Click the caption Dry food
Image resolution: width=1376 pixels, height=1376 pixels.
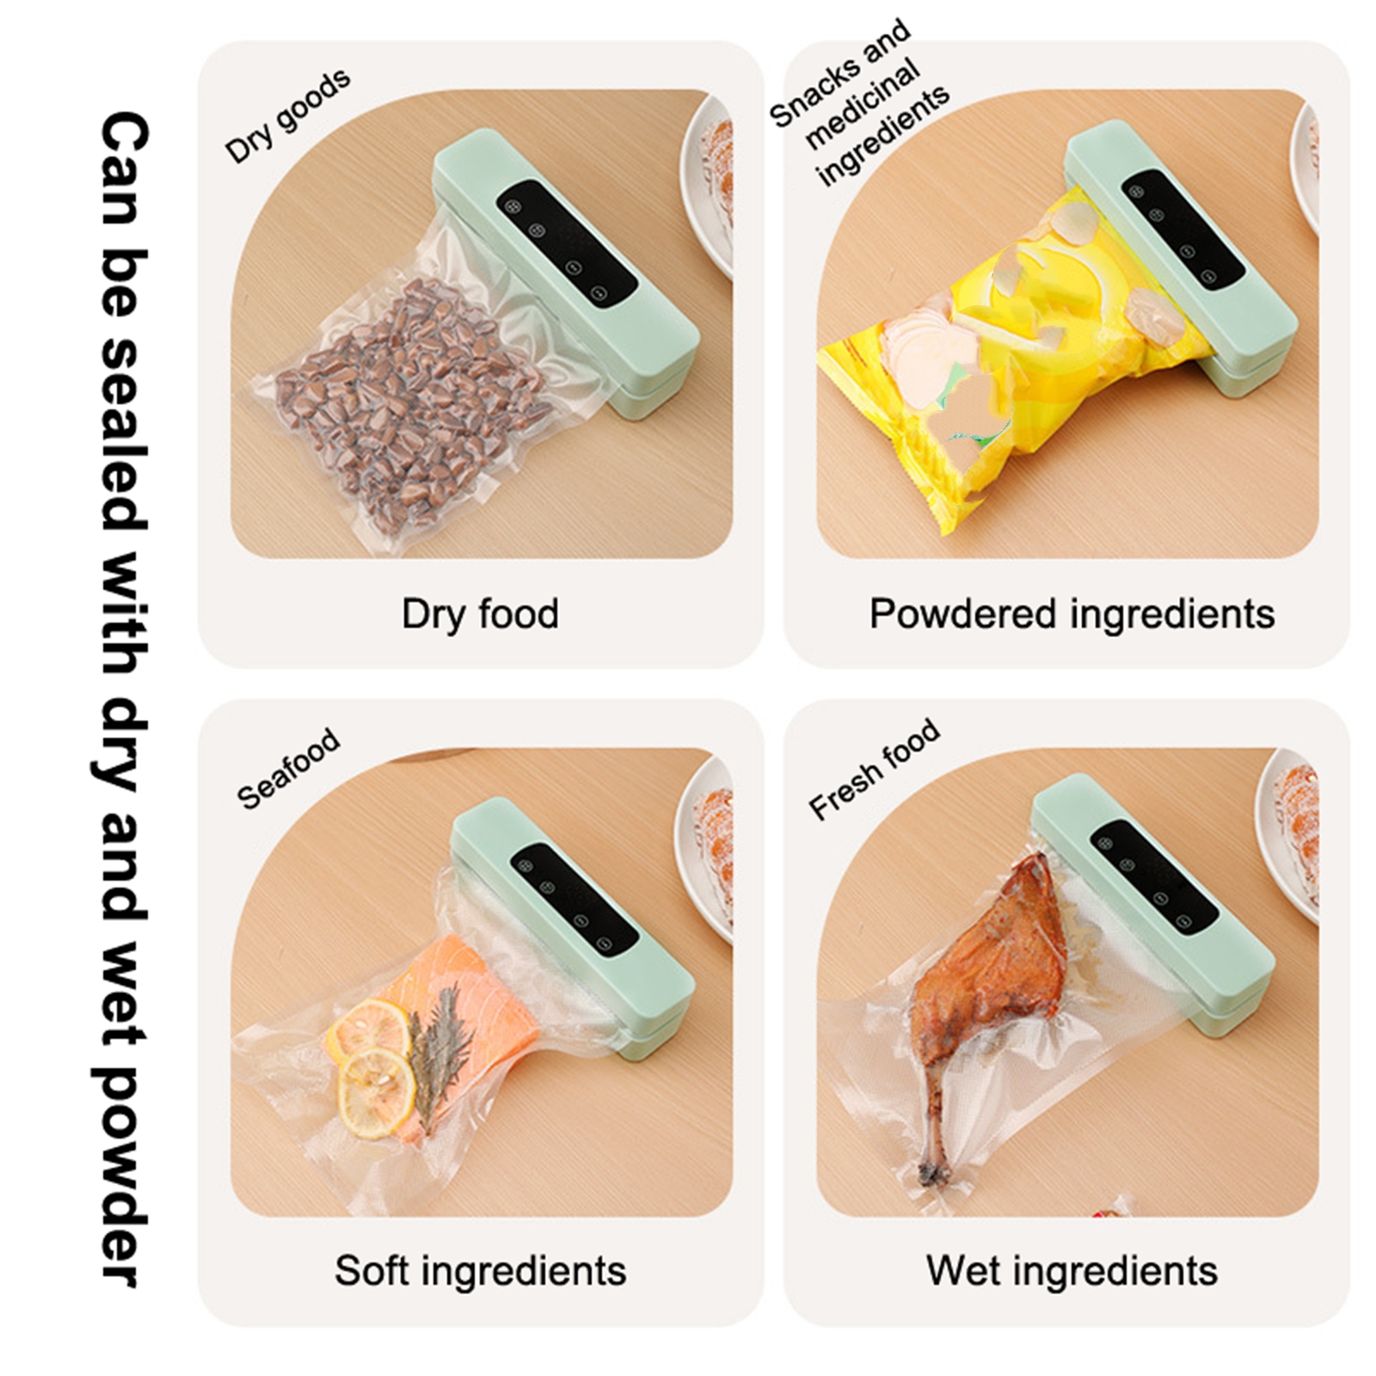point(480,614)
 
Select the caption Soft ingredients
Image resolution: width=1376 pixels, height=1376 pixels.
point(480,1271)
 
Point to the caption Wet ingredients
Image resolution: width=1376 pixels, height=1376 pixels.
point(1072,1271)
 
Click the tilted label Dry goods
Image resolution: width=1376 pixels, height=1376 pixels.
point(287,115)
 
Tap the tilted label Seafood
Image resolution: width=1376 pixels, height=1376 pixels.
point(288,769)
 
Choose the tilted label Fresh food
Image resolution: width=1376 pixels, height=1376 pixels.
point(874,769)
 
